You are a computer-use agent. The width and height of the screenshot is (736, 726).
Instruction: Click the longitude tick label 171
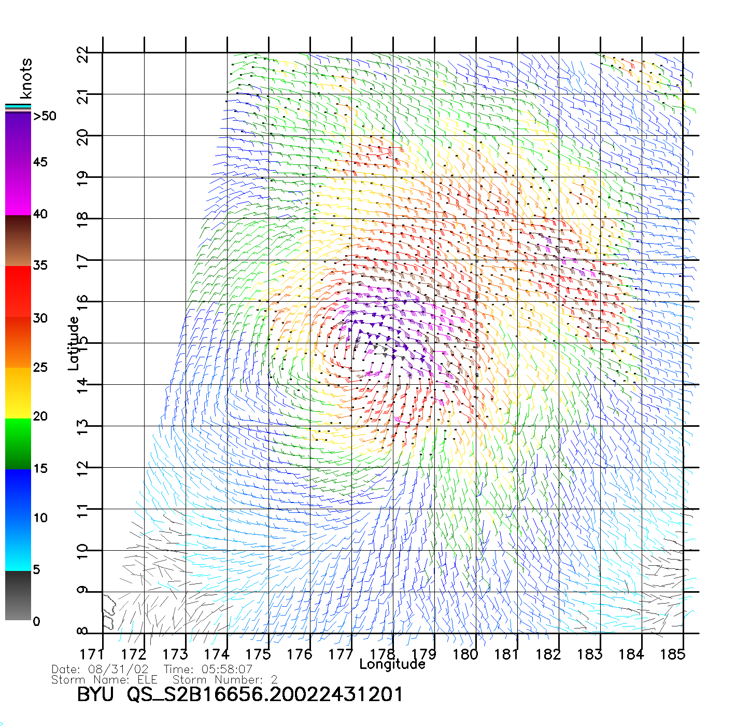[92, 654]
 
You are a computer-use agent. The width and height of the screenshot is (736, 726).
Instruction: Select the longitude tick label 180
[465, 654]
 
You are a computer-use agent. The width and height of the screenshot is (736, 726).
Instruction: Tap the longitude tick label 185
[673, 654]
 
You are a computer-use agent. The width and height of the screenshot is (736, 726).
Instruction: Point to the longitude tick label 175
[258, 654]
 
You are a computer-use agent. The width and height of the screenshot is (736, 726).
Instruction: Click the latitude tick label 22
[82, 54]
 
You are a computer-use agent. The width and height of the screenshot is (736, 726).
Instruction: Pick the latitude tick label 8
[82, 632]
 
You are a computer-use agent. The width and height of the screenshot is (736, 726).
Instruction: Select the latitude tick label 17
[82, 260]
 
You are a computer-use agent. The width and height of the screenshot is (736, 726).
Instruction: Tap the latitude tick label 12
[82, 467]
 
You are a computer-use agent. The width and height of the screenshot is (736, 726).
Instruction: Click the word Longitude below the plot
[392, 664]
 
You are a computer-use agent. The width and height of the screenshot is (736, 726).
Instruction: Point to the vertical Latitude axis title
[74, 343]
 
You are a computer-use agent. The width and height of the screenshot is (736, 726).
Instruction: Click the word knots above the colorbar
[26, 78]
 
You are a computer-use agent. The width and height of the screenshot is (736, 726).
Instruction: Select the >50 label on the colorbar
[45, 116]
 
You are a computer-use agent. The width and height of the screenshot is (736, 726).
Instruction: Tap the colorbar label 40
[40, 214]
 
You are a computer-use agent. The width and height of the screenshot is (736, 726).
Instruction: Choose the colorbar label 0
[36, 622]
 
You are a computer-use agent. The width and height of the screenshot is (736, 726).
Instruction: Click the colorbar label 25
[40, 368]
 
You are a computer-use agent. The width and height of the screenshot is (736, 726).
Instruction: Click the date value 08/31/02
[119, 669]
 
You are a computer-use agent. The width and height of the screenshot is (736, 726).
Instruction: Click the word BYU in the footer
[95, 694]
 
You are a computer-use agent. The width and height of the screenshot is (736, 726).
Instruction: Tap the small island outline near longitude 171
[109, 612]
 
